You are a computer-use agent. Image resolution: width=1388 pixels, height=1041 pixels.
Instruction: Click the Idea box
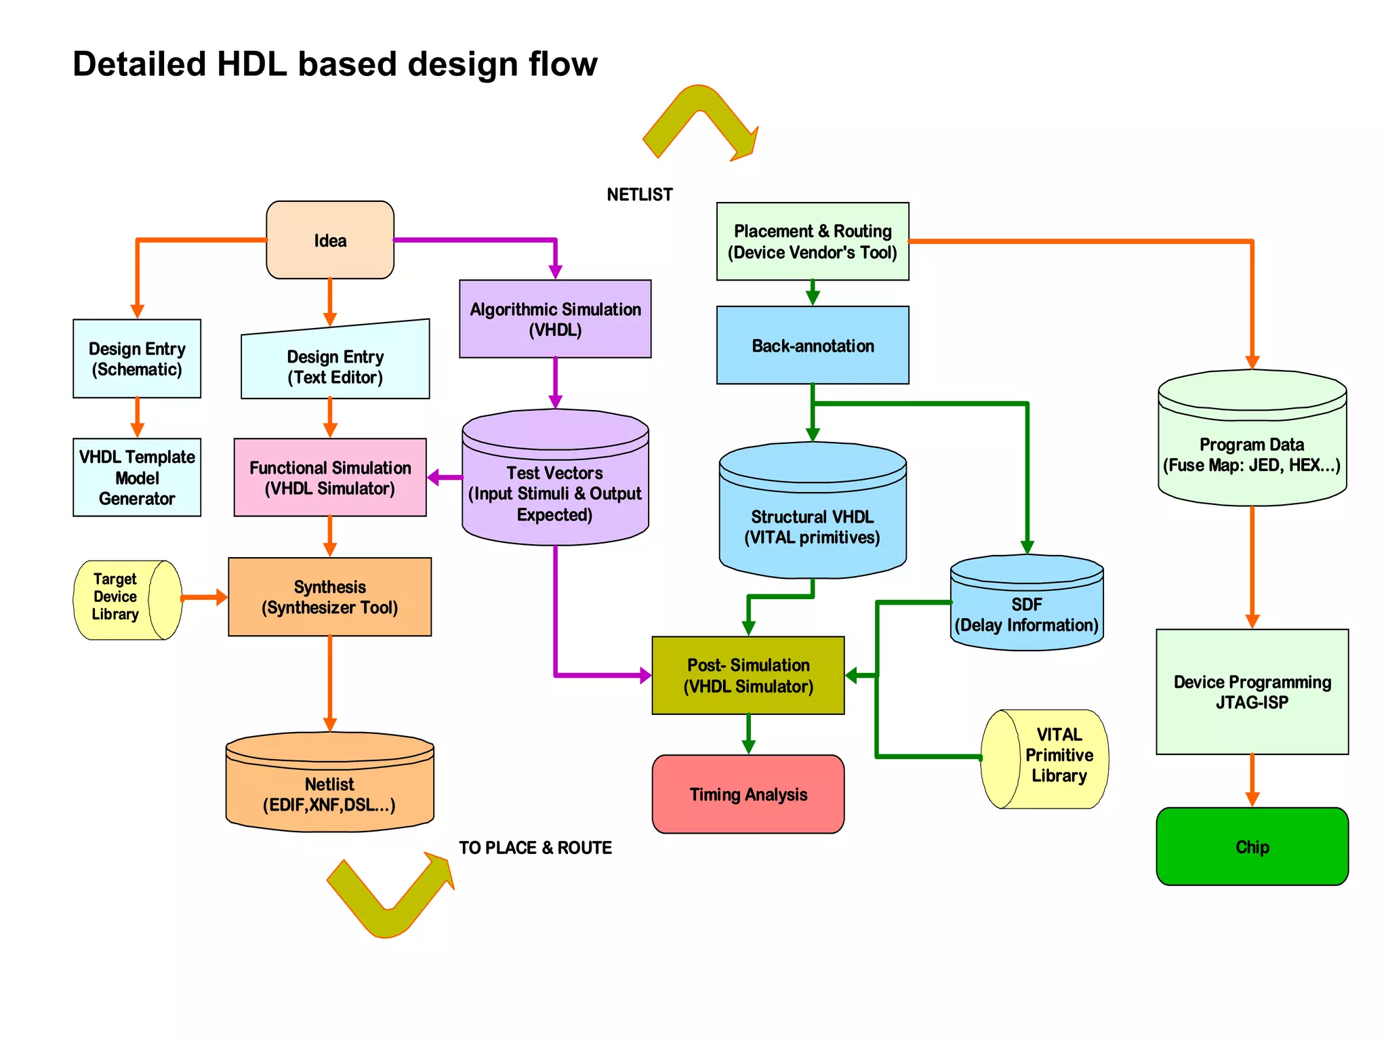330,240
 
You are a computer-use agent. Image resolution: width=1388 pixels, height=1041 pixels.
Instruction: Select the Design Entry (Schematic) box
137,359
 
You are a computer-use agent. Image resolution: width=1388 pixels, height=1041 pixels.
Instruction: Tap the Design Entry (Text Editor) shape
335,367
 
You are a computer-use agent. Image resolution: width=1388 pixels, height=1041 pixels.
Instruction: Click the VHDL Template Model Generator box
137,477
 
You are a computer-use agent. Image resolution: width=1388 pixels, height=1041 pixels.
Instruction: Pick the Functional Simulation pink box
330,477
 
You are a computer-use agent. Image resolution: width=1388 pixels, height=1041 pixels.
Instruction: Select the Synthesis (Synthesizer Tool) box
330,596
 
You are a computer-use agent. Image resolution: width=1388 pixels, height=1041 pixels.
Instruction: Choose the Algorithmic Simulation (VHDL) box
555,319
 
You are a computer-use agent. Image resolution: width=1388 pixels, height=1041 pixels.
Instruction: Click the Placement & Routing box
813,241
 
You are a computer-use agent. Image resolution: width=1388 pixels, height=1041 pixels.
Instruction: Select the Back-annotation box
813,345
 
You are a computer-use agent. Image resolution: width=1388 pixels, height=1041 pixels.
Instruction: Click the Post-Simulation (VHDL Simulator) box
748,675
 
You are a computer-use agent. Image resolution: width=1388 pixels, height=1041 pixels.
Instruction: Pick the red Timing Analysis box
748,794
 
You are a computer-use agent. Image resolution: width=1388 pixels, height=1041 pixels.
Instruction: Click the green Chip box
1252,846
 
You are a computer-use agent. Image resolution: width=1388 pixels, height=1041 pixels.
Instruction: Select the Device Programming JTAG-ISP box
1252,691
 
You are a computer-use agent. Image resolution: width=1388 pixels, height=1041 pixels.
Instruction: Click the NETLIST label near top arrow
639,195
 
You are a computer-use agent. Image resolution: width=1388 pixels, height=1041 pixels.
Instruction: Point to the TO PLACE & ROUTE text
535,848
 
